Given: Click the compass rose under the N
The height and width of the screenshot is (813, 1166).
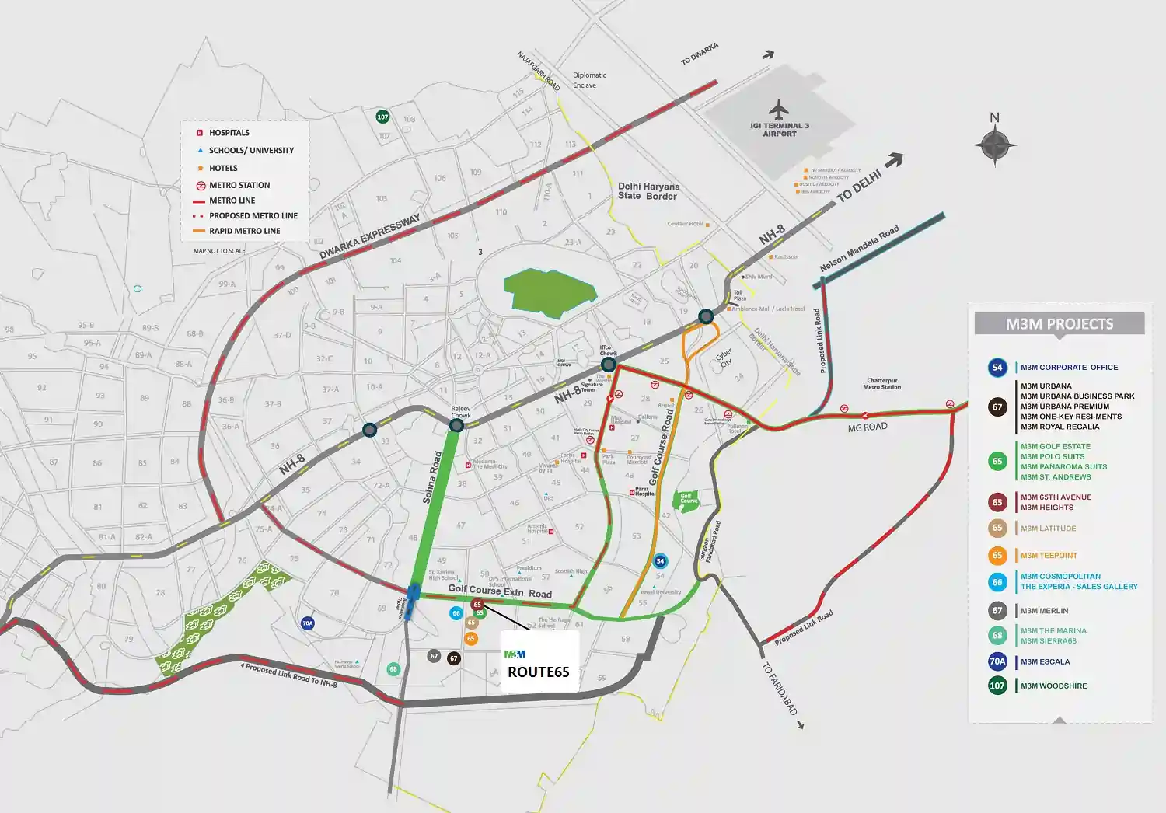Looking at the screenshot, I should pos(995,145).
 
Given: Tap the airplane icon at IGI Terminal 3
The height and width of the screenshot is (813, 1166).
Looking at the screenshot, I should pos(778,109).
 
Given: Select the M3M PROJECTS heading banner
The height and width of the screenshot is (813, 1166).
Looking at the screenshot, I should pos(1059,324).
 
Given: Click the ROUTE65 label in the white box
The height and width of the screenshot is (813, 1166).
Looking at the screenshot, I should pos(538,672).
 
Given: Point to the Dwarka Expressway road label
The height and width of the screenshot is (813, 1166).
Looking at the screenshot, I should pos(370,236).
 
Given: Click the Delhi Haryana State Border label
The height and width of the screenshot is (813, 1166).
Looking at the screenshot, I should pos(648,191).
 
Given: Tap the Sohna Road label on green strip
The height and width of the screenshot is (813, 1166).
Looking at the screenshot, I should pos(432,477).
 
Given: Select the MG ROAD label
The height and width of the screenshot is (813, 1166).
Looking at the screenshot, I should pos(867,427).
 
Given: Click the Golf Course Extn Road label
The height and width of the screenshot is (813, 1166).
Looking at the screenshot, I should pos(500,591).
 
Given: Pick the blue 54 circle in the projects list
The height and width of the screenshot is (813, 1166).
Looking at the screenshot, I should pos(997,368).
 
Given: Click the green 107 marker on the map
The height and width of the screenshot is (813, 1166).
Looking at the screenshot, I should pos(382,117).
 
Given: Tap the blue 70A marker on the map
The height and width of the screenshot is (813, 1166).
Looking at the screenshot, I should pos(308,623).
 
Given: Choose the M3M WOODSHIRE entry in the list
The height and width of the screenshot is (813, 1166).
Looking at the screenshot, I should pos(1053,686).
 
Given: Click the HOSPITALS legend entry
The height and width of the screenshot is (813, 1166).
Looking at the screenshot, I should pos(229,133).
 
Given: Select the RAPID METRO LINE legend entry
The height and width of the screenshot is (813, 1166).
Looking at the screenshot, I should pos(244,231).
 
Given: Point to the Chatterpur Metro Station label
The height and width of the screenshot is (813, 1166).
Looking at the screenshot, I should pos(881,384).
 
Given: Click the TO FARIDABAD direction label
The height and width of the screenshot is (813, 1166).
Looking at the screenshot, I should pos(779,689).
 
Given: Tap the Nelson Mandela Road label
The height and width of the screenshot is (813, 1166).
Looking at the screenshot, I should pos(859,249).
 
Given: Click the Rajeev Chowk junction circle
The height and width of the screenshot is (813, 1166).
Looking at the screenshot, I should pos(457,425).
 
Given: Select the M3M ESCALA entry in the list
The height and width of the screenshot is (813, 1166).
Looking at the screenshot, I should pos(1045,662).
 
